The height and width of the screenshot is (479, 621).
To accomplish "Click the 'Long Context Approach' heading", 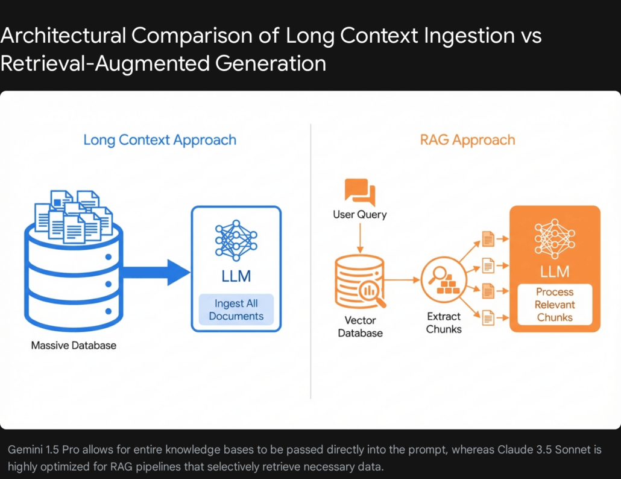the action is pos(160,140).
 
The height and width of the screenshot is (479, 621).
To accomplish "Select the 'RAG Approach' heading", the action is pos(467,140).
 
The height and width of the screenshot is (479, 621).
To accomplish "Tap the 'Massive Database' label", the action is pos(74,346).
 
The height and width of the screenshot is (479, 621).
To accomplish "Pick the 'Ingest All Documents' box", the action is pos(236,309).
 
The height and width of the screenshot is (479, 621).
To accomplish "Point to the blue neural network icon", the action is pos(236,241).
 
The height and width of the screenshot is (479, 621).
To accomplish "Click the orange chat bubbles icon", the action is pos(359,191).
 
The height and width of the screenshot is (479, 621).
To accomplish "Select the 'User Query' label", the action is pos(359,214).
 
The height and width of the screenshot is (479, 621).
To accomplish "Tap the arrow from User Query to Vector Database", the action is pos(360,238).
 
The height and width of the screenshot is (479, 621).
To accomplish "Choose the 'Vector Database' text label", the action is pos(360,326).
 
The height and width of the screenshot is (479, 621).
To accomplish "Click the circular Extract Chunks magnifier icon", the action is pos(444,279).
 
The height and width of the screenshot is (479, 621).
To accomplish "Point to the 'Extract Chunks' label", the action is pos(444,323).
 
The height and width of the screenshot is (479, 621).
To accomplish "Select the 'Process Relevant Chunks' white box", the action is pos(555,304).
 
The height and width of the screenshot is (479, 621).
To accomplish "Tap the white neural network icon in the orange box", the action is pos(555,237).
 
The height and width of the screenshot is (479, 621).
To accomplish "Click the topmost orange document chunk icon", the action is pos(488,239).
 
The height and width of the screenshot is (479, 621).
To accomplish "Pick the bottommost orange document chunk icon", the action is pos(488,318).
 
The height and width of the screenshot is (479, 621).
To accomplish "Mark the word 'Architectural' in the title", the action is pos(63,36).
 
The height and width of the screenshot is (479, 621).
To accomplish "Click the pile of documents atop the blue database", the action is pos(74,216).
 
